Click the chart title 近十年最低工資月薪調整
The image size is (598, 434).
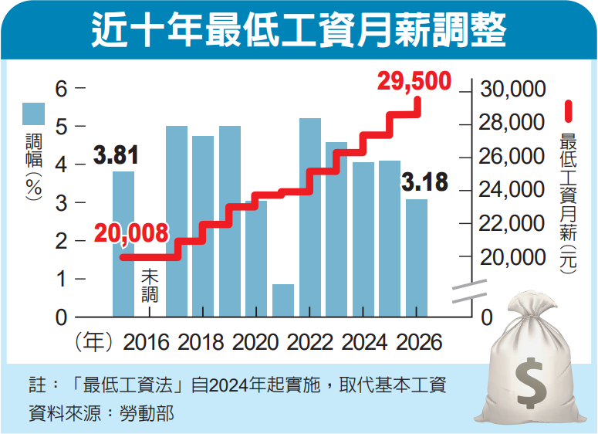(299, 32)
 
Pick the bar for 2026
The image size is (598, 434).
(417, 258)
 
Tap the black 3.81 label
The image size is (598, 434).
(116, 155)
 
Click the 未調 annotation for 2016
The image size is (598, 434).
(150, 285)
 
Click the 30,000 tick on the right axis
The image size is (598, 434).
(512, 90)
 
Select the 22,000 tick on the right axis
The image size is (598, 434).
(512, 223)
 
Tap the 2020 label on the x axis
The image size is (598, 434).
(255, 342)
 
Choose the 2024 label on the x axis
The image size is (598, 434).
(363, 342)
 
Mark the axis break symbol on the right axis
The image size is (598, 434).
(468, 292)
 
